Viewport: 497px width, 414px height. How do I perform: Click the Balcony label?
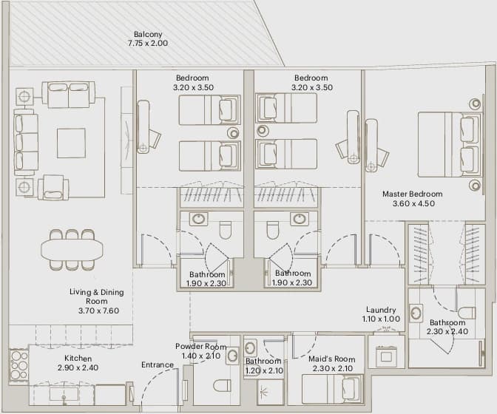tap(148, 34)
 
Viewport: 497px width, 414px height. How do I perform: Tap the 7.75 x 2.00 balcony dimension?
tap(148, 43)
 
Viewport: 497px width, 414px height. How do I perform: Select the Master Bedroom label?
tap(413, 194)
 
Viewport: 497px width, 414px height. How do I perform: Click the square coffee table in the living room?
tap(71, 143)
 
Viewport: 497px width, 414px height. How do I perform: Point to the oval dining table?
tap(72, 249)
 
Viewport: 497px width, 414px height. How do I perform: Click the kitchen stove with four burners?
tap(19, 365)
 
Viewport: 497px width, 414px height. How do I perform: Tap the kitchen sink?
tap(64, 395)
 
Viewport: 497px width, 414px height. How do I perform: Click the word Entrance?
tap(158, 365)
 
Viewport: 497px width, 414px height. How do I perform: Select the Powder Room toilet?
tap(222, 385)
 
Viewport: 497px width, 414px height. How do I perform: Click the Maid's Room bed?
tap(333, 390)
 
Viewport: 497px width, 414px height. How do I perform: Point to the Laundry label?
tap(381, 310)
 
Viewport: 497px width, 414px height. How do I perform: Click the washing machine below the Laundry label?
tap(386, 356)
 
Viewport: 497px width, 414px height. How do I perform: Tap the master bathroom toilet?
tap(467, 313)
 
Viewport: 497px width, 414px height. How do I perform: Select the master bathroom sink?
tap(416, 313)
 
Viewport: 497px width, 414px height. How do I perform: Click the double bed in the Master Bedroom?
tap(449, 144)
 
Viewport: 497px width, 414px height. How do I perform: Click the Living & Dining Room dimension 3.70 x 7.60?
tap(99, 310)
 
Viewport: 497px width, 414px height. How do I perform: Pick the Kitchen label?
tap(78, 359)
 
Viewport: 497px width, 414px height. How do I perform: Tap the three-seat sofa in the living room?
tap(26, 142)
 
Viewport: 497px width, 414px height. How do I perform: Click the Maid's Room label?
tap(332, 359)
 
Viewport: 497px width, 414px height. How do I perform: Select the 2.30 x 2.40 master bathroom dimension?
tap(447, 332)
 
